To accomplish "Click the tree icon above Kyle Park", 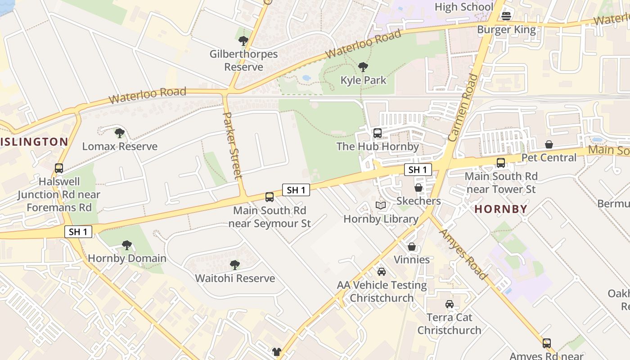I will [x=363, y=67].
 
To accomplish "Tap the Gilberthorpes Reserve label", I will [x=243, y=60].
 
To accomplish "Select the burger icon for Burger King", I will [x=506, y=16].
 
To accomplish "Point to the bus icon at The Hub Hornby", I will [x=378, y=133].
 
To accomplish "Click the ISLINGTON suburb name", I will [x=34, y=142].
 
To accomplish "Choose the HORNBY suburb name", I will [x=501, y=209].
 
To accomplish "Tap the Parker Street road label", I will [x=233, y=145].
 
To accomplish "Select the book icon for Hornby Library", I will [x=381, y=206].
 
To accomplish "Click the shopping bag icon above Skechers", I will [x=418, y=188].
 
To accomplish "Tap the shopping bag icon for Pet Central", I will [x=549, y=144].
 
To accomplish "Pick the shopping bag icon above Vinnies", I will [x=411, y=247].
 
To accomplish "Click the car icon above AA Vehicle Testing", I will [x=382, y=272].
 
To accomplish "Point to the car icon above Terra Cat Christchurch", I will [x=449, y=304].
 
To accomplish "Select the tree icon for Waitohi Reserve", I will [x=234, y=265].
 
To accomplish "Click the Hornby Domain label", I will [x=127, y=258].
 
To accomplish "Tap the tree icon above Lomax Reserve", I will [x=119, y=133].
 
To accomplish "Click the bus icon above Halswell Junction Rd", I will [x=58, y=168].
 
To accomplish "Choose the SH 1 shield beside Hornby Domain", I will [x=78, y=232].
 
